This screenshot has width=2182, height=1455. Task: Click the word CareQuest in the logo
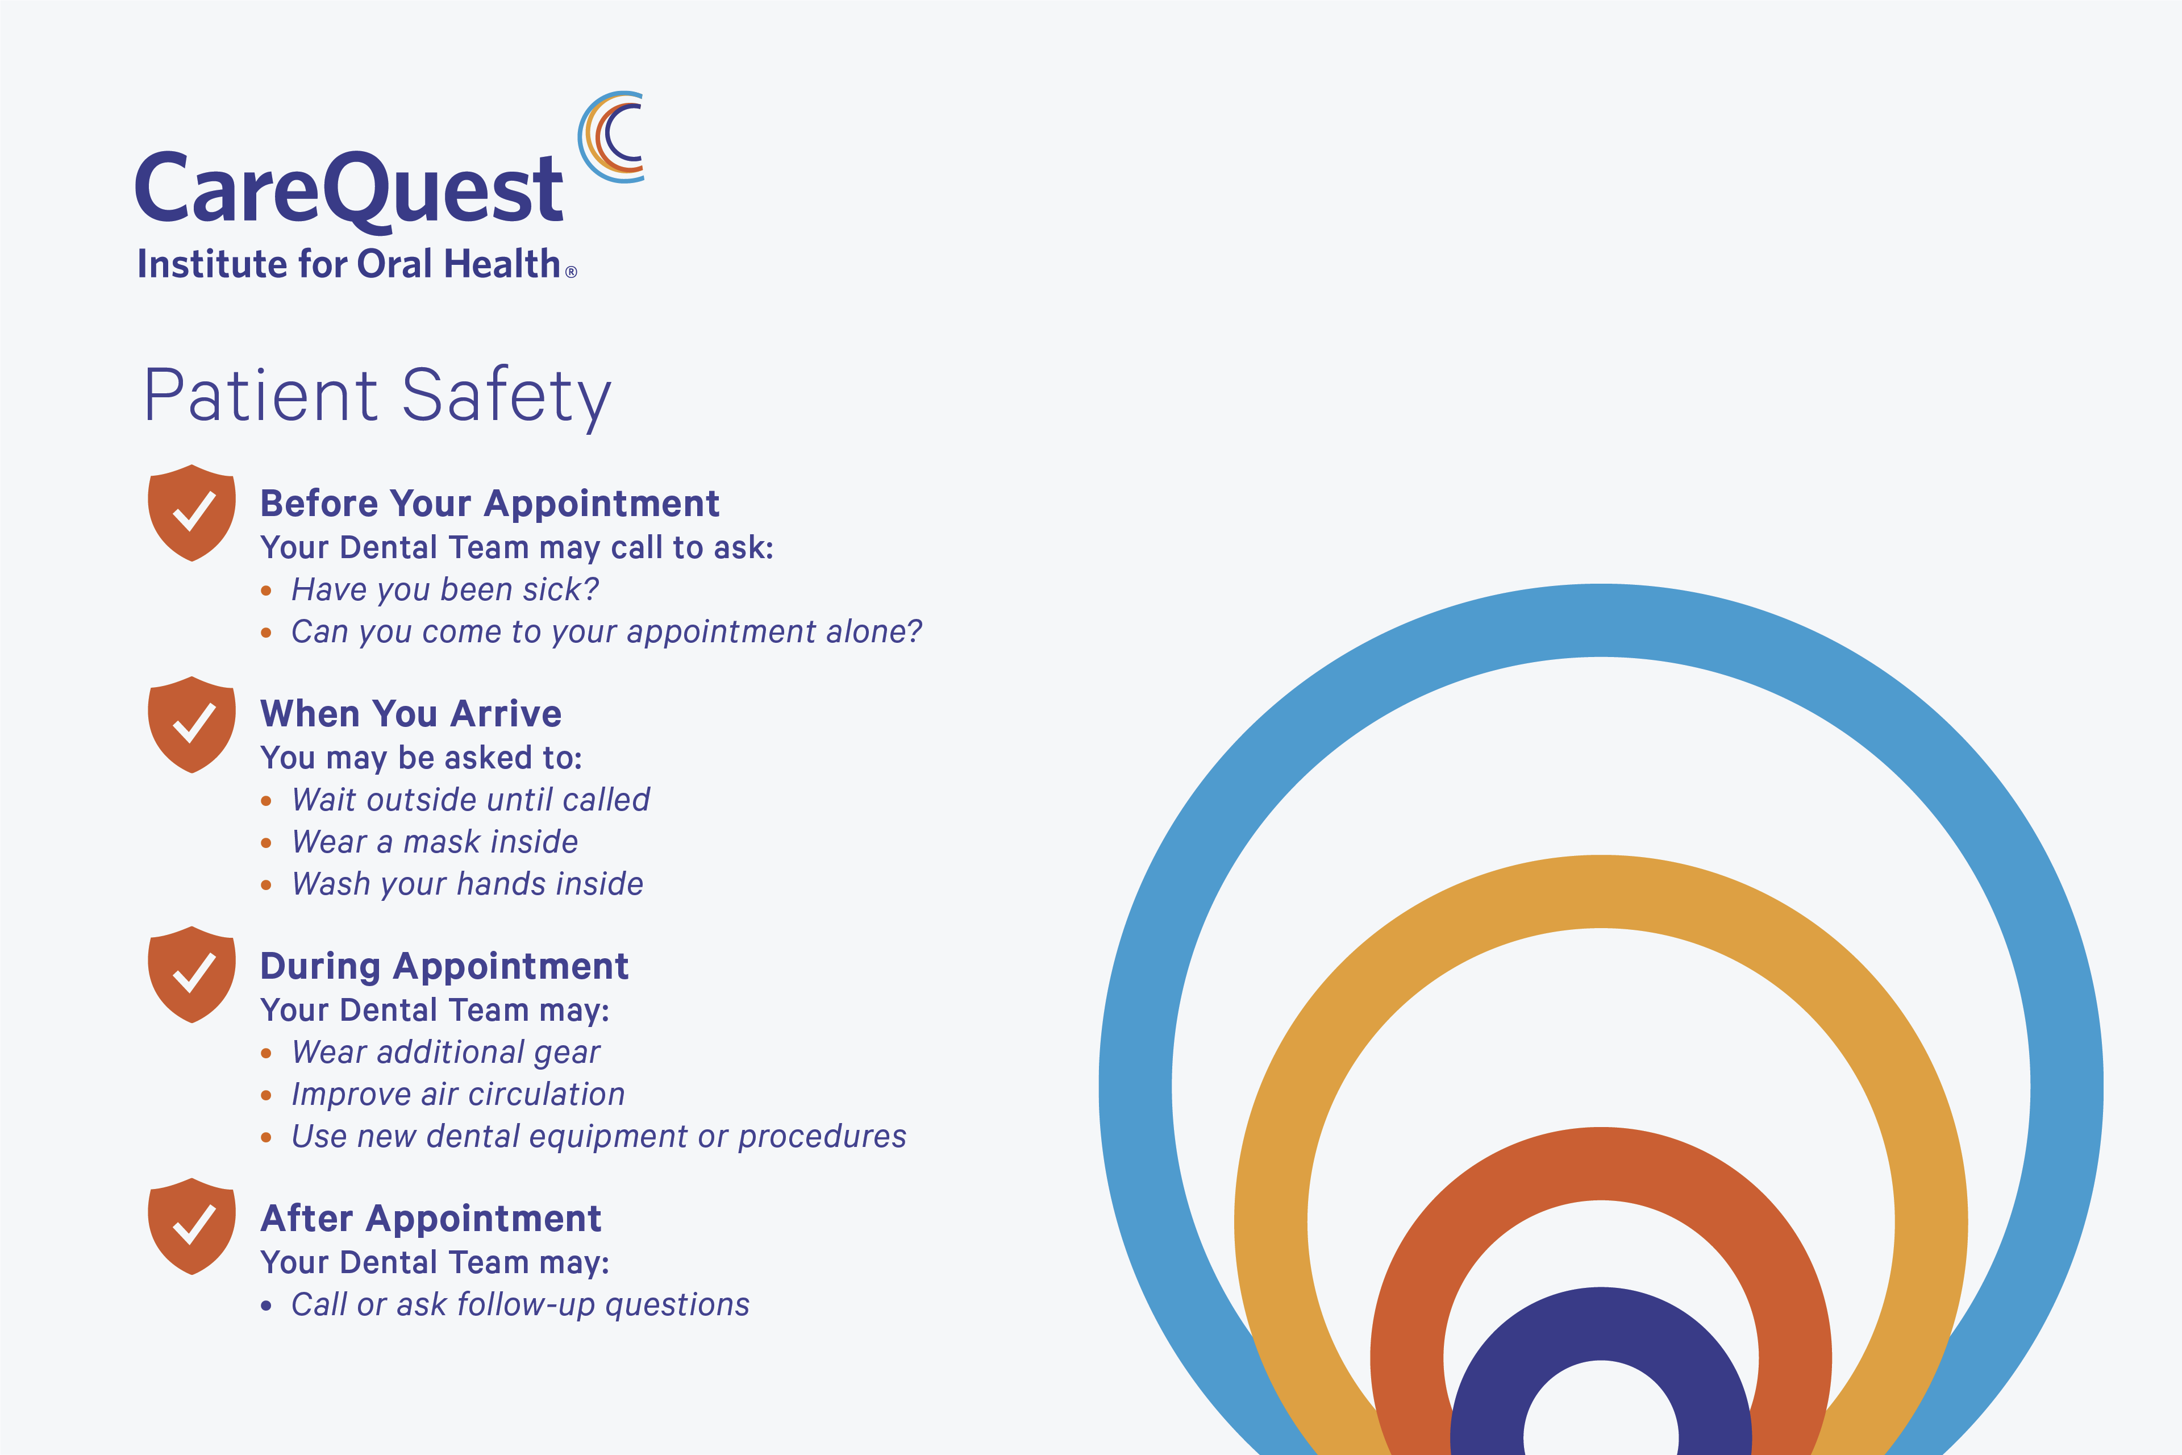[349, 190]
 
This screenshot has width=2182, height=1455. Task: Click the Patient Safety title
[377, 396]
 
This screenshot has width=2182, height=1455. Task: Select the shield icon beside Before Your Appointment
[192, 513]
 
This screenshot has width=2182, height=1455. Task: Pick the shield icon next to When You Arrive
[192, 725]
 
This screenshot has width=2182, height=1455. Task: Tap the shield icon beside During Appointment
[192, 974]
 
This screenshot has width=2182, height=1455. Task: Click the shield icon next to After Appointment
[192, 1227]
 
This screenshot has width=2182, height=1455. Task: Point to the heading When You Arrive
[410, 714]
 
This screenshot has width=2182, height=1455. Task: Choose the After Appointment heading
[431, 1219]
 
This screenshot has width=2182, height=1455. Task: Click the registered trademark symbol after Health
[572, 272]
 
